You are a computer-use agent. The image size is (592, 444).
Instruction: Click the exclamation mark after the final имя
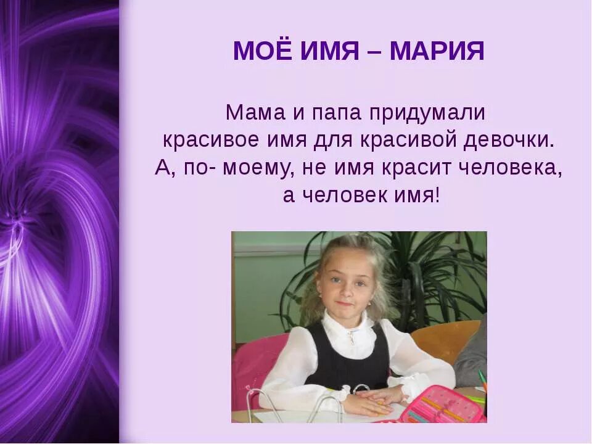click(x=437, y=196)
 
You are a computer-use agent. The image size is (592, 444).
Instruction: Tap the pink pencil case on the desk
click(x=440, y=404)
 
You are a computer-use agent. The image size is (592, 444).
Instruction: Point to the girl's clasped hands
click(x=370, y=398)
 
